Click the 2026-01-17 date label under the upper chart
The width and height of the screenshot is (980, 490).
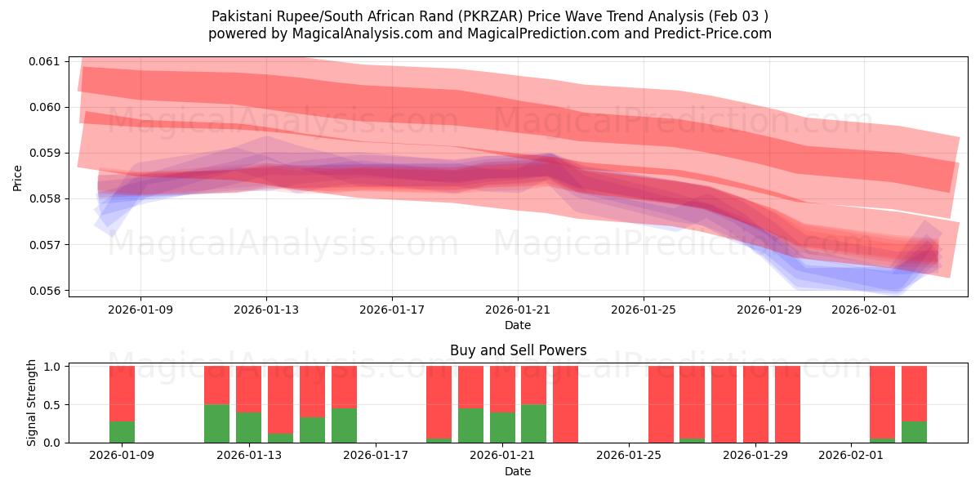pyautogui.click(x=392, y=310)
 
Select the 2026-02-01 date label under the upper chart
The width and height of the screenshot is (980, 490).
pyautogui.click(x=864, y=310)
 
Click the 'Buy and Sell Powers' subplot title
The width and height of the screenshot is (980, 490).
pyautogui.click(x=518, y=350)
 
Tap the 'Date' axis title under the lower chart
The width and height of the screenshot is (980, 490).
pyautogui.click(x=518, y=471)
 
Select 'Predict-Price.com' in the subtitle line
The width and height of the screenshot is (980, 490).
pyautogui.click(x=708, y=33)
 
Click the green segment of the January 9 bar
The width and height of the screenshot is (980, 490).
pyautogui.click(x=122, y=432)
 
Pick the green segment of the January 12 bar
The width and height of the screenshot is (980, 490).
pyautogui.click(x=216, y=423)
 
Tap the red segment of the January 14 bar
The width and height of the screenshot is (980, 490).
pyautogui.click(x=280, y=388)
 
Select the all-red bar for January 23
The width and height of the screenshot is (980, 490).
pyautogui.click(x=565, y=404)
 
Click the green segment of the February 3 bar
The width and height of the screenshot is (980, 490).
pyautogui.click(x=914, y=432)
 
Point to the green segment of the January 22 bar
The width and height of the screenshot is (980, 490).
pyautogui.click(x=533, y=423)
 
